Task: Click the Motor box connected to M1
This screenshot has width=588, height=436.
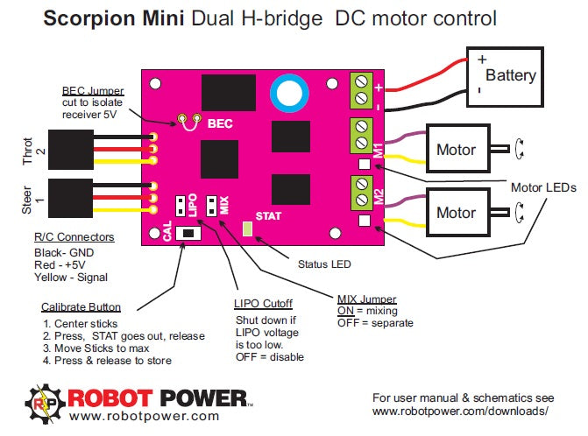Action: (456, 151)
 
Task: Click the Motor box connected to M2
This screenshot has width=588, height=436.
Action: (456, 212)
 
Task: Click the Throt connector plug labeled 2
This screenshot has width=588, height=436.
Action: (71, 148)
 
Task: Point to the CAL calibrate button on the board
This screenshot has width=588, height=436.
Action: (187, 234)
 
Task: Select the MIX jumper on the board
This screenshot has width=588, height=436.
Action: (211, 205)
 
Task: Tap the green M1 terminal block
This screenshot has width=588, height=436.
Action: (360, 137)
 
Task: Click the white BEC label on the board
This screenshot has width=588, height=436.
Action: (219, 125)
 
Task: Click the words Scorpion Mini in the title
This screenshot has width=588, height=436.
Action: (107, 18)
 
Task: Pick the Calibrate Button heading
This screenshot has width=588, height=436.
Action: (81, 307)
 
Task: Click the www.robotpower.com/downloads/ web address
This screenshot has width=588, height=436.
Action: (460, 410)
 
